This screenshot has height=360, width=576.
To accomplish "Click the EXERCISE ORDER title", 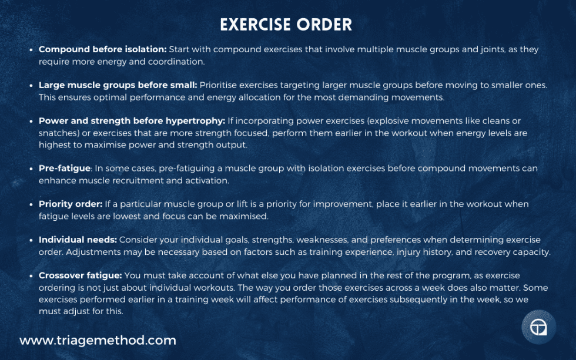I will point(286,25).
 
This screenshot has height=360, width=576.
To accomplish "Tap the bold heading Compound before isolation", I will point(103,50).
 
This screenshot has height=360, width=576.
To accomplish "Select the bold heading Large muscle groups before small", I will point(118,85).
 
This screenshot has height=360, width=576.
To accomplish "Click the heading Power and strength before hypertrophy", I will point(132,121).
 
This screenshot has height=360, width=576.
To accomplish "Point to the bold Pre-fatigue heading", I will point(64,169).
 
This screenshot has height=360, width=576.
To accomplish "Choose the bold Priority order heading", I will point(71,204).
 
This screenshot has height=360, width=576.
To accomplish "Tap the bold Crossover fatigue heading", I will point(79,275).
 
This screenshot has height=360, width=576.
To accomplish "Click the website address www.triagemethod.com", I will point(98,340).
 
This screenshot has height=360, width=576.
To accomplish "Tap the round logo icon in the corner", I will point(538,327).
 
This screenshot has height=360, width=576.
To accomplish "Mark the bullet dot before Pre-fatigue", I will point(31,169).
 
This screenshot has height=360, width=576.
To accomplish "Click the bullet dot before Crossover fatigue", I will point(31,275).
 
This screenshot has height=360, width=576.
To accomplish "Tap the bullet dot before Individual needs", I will point(31,240).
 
